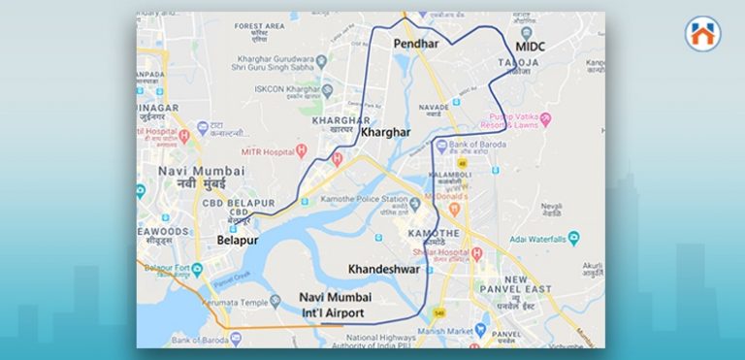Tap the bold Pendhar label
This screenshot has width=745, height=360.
[x=417, y=45]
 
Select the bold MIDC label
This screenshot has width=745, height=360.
[x=531, y=46]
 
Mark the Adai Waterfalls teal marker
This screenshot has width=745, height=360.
[x=574, y=237]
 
